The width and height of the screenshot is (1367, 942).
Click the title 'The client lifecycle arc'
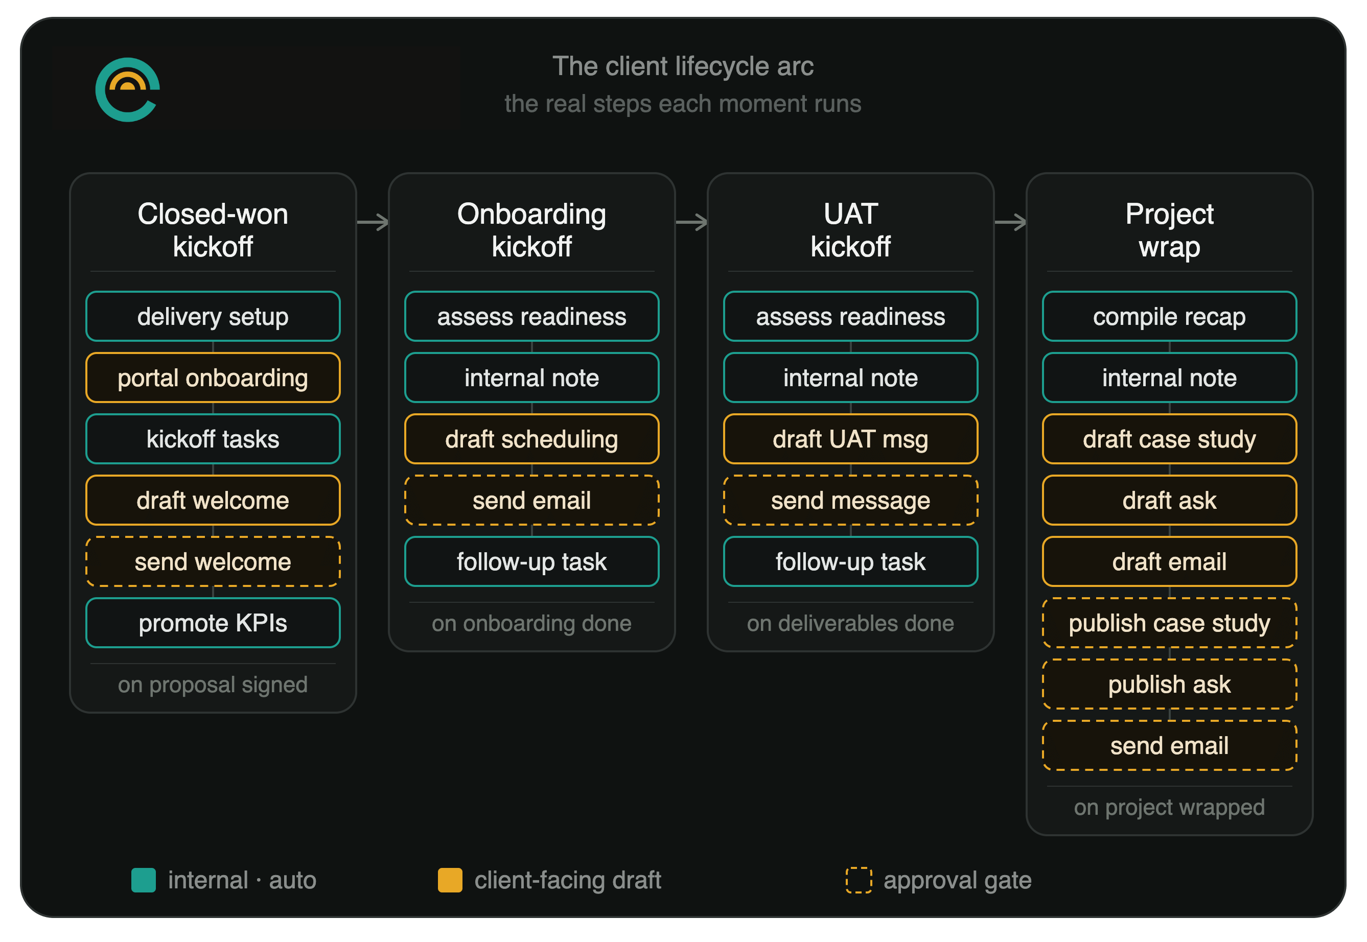tap(683, 66)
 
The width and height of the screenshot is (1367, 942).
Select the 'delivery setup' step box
tap(213, 316)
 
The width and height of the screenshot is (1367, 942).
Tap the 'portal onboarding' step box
tap(213, 378)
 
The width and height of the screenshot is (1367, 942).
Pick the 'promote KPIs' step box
tap(213, 623)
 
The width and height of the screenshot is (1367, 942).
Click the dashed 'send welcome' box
tap(213, 562)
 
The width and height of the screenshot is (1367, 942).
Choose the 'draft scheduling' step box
tap(531, 439)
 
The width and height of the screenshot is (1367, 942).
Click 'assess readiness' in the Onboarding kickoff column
tap(531, 316)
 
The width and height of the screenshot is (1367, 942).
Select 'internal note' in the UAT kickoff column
tap(850, 378)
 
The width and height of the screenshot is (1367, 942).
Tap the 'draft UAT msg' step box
tap(850, 439)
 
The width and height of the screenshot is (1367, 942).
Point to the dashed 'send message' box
tap(850, 501)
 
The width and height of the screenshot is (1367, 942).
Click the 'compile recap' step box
tap(1169, 316)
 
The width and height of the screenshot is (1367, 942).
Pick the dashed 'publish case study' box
tap(1169, 623)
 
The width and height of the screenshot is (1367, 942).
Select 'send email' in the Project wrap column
tap(1169, 746)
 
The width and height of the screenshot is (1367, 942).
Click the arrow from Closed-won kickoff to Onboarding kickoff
tap(373, 223)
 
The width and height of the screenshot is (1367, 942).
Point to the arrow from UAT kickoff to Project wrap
tap(1011, 223)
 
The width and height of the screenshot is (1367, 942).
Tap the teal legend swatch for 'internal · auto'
tap(144, 880)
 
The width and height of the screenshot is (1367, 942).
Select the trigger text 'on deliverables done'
tap(850, 623)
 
